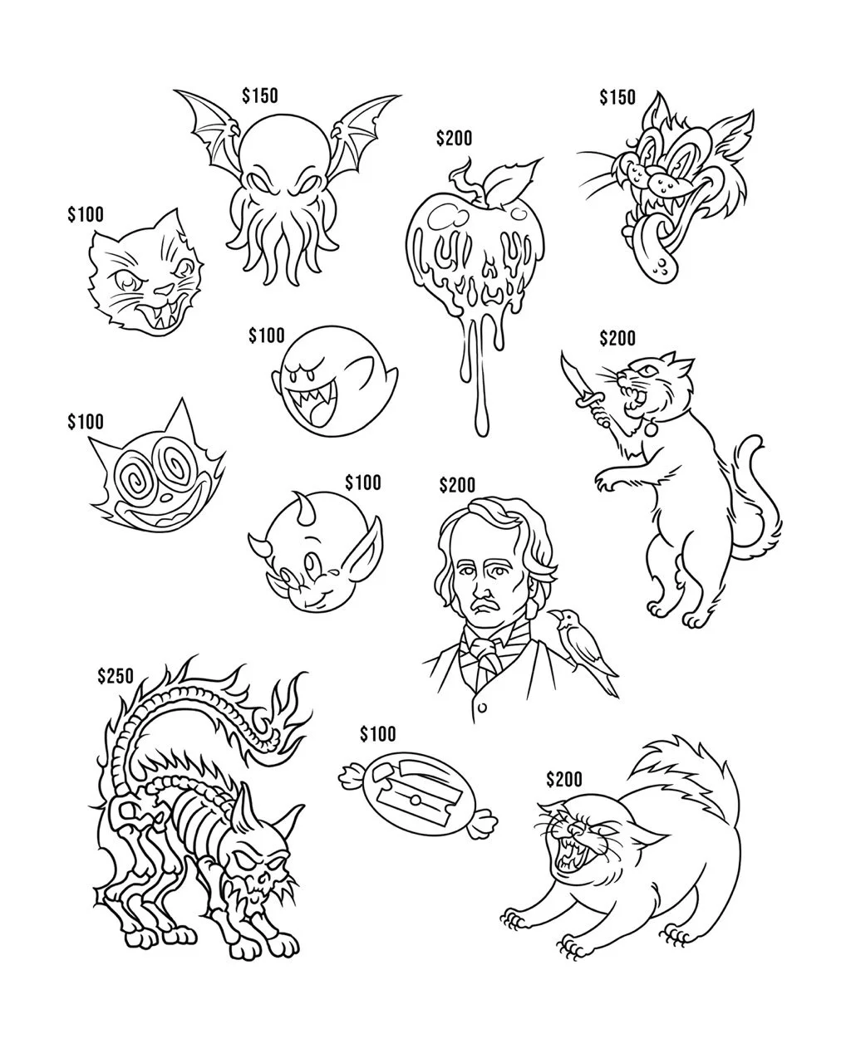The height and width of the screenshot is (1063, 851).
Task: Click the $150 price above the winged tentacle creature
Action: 260,96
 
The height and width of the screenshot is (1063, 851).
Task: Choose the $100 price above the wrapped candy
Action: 378,734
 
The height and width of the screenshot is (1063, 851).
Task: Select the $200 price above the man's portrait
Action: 457,484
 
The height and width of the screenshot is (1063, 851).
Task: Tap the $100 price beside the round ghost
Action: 266,336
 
